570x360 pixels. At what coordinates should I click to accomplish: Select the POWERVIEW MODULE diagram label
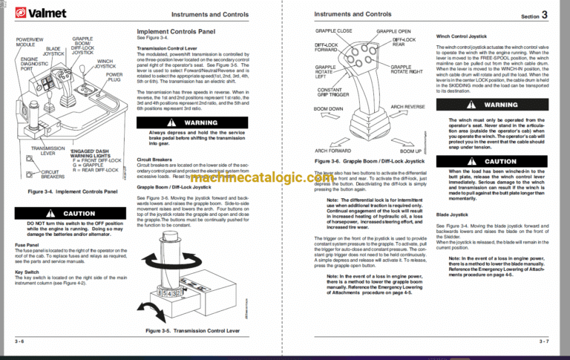[x=30, y=42]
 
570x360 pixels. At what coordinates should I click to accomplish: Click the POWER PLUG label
[x=114, y=77]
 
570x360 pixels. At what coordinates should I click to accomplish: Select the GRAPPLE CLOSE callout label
[x=334, y=31]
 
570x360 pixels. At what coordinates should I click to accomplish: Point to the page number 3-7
[x=544, y=341]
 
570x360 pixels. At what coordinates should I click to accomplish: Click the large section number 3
[x=544, y=14]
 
